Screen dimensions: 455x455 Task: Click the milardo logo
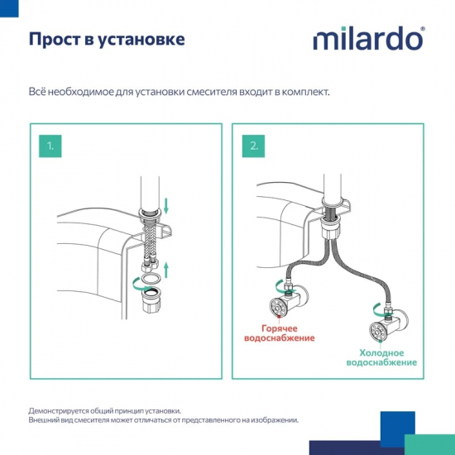pyautogui.click(x=368, y=40)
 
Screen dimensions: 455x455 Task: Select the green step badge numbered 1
pyautogui.click(x=51, y=146)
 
